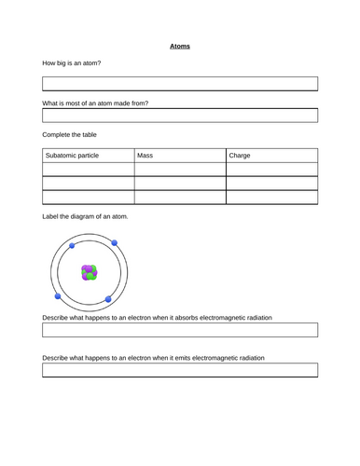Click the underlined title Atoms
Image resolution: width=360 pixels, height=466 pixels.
(x=180, y=45)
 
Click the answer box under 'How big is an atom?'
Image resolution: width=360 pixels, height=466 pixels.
(x=180, y=83)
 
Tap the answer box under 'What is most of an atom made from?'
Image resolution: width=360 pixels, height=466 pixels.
(x=180, y=115)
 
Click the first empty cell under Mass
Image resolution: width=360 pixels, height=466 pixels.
(x=180, y=170)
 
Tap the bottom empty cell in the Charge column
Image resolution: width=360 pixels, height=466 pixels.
(x=271, y=198)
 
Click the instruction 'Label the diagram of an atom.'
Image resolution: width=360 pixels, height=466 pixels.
(x=86, y=216)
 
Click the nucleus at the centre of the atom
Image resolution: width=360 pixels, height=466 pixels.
(x=90, y=273)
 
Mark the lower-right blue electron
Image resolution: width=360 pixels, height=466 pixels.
(x=109, y=299)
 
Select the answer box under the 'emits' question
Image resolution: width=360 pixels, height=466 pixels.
(x=180, y=370)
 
